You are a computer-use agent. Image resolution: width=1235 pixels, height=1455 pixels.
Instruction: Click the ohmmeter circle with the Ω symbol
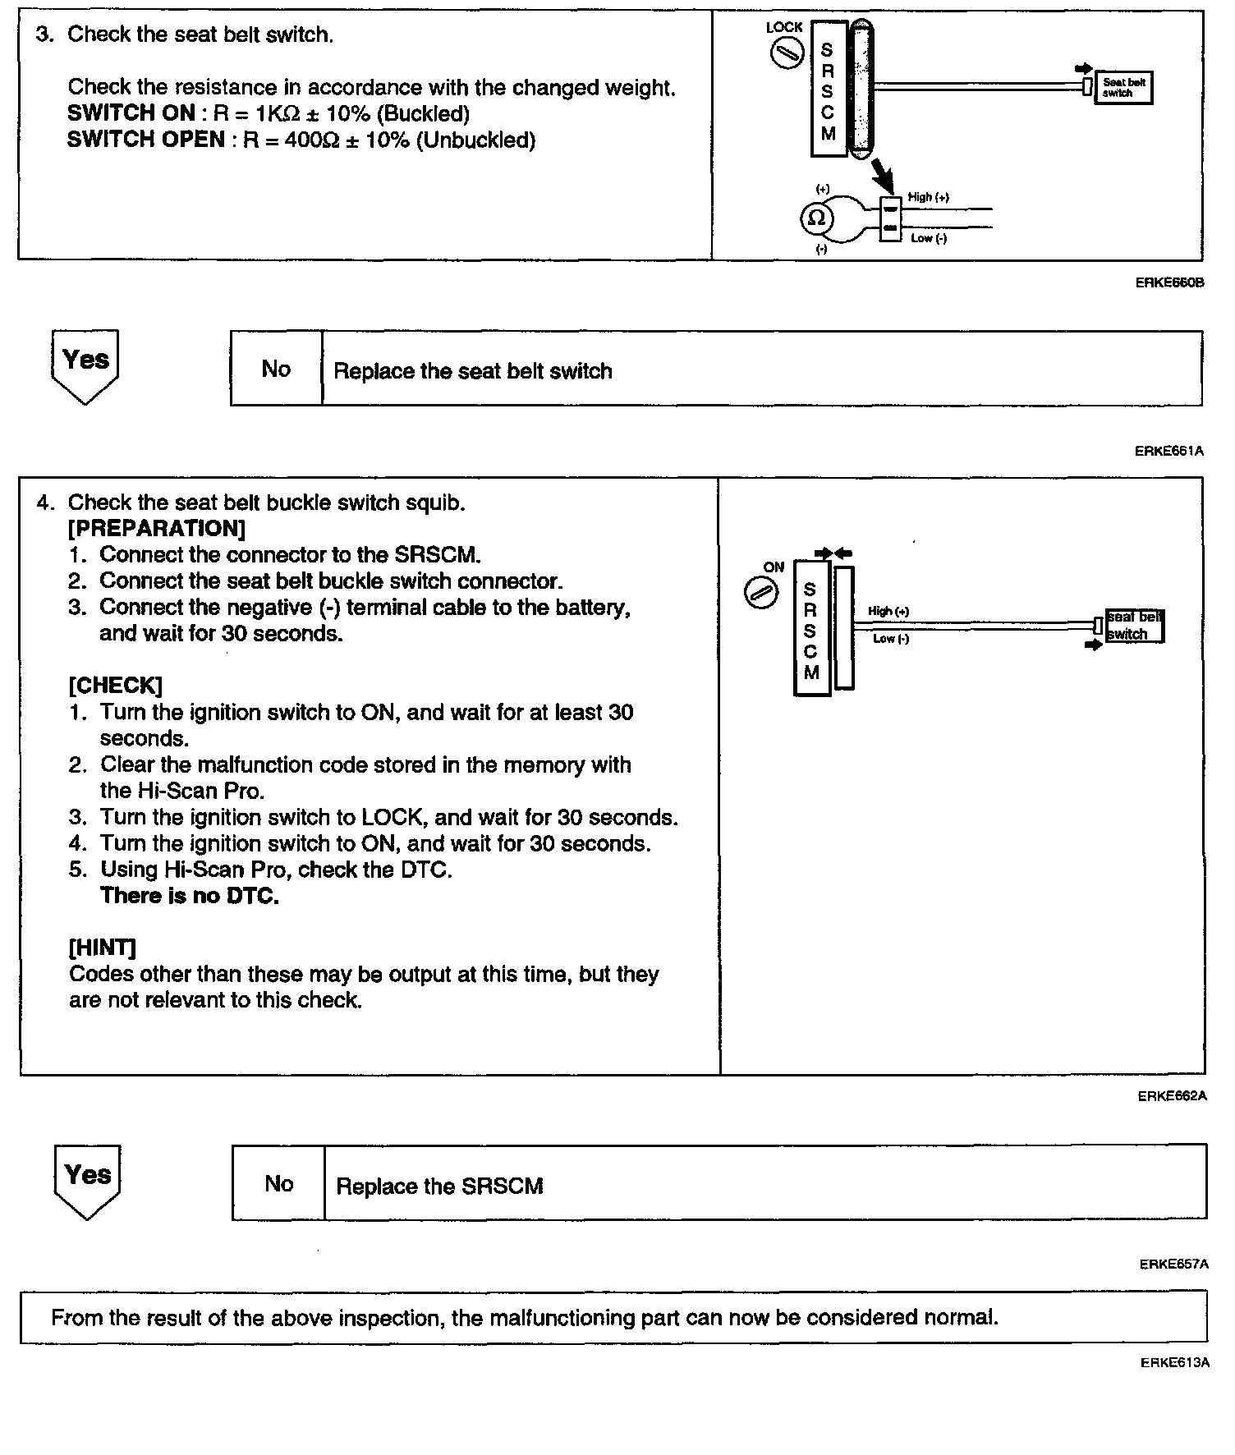coord(816,218)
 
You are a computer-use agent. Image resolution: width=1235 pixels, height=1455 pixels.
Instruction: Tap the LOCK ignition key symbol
coord(786,54)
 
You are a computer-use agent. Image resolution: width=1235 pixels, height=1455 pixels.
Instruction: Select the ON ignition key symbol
coord(761,593)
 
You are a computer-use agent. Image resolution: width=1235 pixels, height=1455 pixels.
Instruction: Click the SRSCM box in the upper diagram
coord(829,89)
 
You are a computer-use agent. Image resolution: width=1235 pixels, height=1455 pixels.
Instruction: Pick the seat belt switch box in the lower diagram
coord(1133,626)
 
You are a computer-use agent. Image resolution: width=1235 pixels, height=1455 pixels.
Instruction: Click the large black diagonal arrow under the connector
coord(884,176)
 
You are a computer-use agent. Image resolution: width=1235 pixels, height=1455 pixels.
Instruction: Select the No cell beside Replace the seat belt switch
coord(276,369)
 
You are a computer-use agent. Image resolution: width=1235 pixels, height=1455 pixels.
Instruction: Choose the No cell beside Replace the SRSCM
coord(279,1183)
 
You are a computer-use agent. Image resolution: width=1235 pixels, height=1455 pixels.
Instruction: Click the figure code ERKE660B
coord(1169,282)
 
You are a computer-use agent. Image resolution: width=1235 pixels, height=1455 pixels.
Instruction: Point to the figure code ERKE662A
coord(1172,1096)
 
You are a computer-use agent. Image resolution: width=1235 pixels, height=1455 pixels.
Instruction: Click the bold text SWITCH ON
coord(131,113)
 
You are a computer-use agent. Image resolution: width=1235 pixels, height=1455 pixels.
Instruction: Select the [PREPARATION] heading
coord(157,528)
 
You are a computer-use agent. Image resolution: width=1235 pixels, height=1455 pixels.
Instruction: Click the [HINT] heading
coord(103,948)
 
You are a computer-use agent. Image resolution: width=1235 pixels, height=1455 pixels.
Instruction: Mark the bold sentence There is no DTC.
coord(190,896)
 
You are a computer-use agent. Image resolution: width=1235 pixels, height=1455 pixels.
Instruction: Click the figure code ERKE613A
coord(1174,1363)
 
